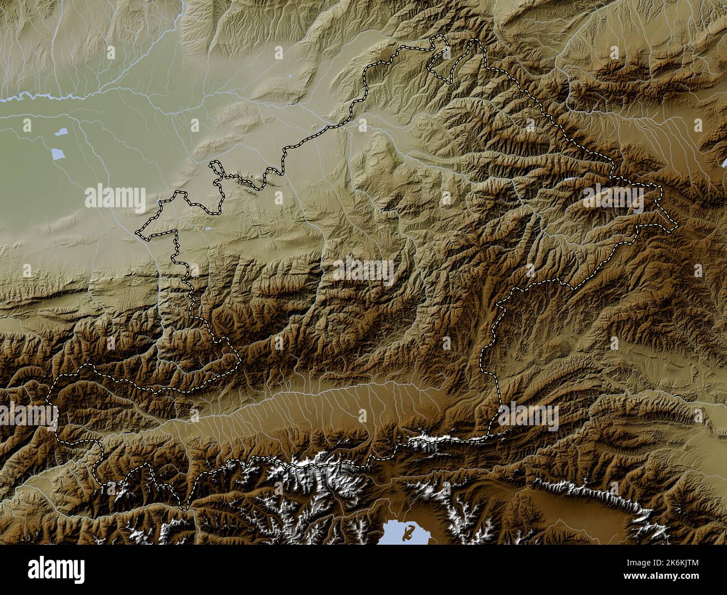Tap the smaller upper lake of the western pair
(60, 133)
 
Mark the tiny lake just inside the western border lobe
(207, 228)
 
